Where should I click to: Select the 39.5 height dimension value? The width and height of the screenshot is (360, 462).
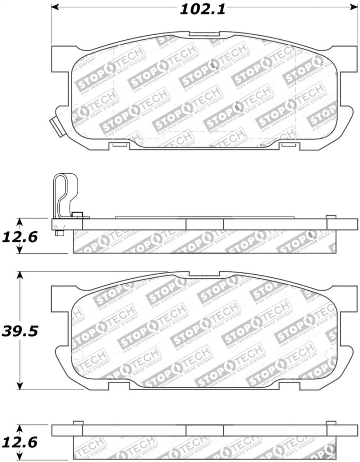coord(20,331)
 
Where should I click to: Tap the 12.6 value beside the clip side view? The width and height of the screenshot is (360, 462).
coord(20,237)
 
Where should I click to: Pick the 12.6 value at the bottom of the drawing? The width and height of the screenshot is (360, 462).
coord(20,443)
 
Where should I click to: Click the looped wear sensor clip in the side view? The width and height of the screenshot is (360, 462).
coord(65,195)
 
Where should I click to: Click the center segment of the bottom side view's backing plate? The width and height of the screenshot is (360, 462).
coord(205,430)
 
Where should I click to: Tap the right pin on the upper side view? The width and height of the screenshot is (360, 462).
coord(331,217)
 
